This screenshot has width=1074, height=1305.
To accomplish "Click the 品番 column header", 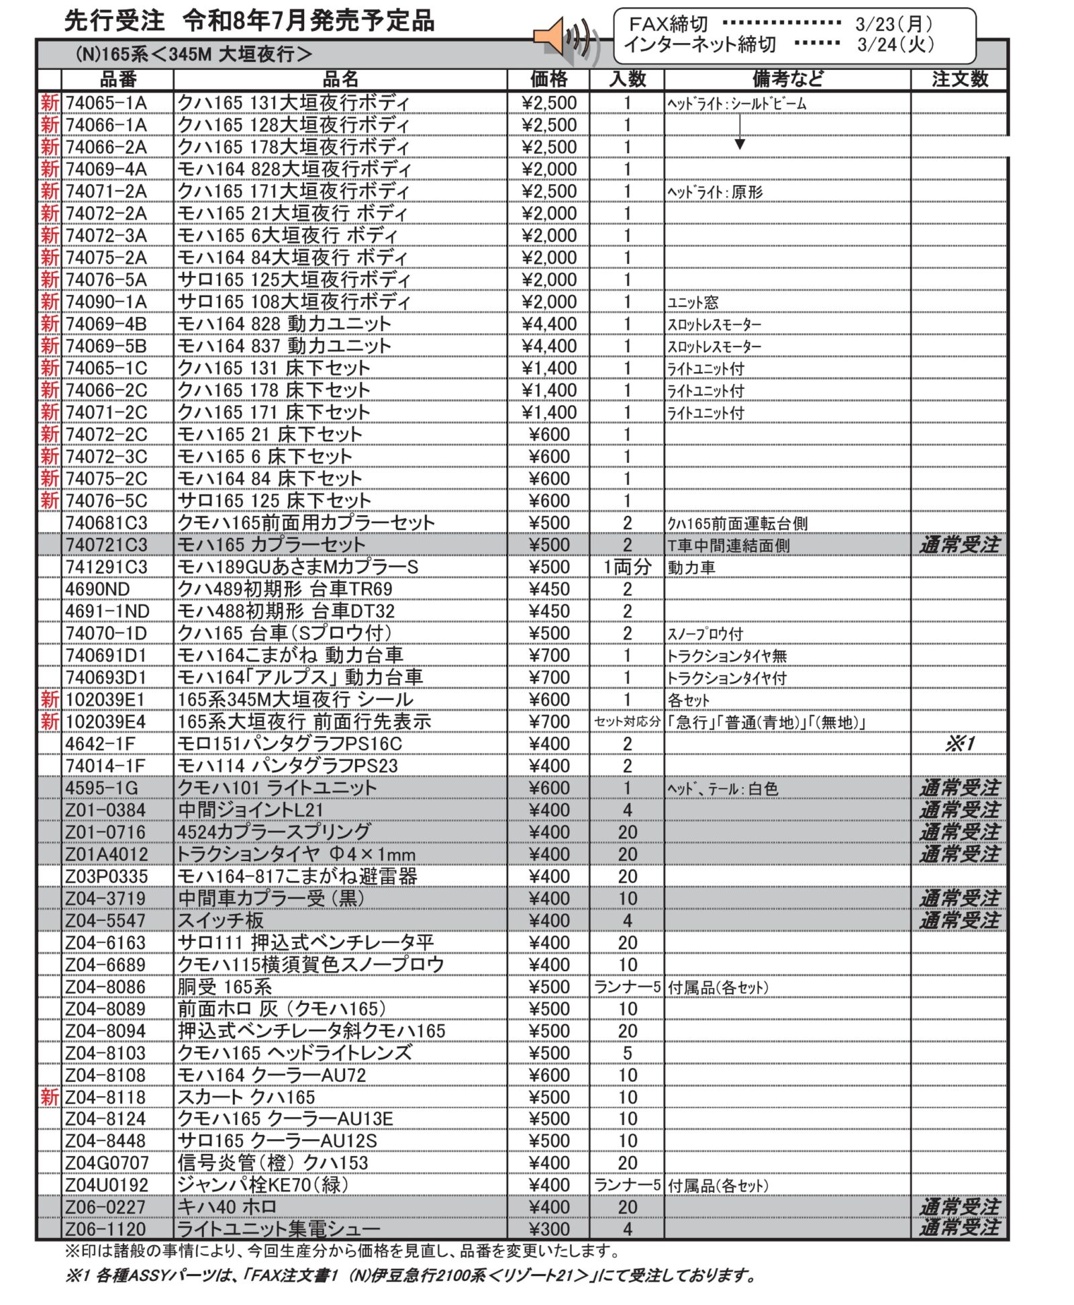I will (x=118, y=79).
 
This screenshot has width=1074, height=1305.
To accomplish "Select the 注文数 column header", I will (x=959, y=79).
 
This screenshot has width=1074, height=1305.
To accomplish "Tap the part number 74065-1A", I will (x=106, y=103).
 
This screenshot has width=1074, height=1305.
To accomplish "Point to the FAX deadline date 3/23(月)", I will (x=893, y=24).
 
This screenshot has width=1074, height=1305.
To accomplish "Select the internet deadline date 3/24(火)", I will (x=895, y=44).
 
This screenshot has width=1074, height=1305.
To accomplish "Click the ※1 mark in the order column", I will (x=959, y=744).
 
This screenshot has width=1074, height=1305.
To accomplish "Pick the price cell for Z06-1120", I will (x=548, y=1229).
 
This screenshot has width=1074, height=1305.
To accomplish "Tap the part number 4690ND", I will (x=97, y=589).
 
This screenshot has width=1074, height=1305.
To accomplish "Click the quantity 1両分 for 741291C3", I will (x=627, y=567).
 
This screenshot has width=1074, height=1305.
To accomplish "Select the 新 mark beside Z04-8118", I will (x=50, y=1097).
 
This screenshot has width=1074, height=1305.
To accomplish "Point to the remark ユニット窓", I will (x=693, y=302).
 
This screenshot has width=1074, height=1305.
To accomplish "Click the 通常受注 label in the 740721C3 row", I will (x=959, y=545).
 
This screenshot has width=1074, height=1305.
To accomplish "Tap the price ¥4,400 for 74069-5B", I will (x=548, y=346).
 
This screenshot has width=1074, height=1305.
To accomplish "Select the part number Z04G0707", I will (x=107, y=1163).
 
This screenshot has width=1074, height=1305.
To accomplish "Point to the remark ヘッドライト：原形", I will (x=715, y=192).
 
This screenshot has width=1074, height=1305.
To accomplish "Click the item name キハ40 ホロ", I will (x=227, y=1207).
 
